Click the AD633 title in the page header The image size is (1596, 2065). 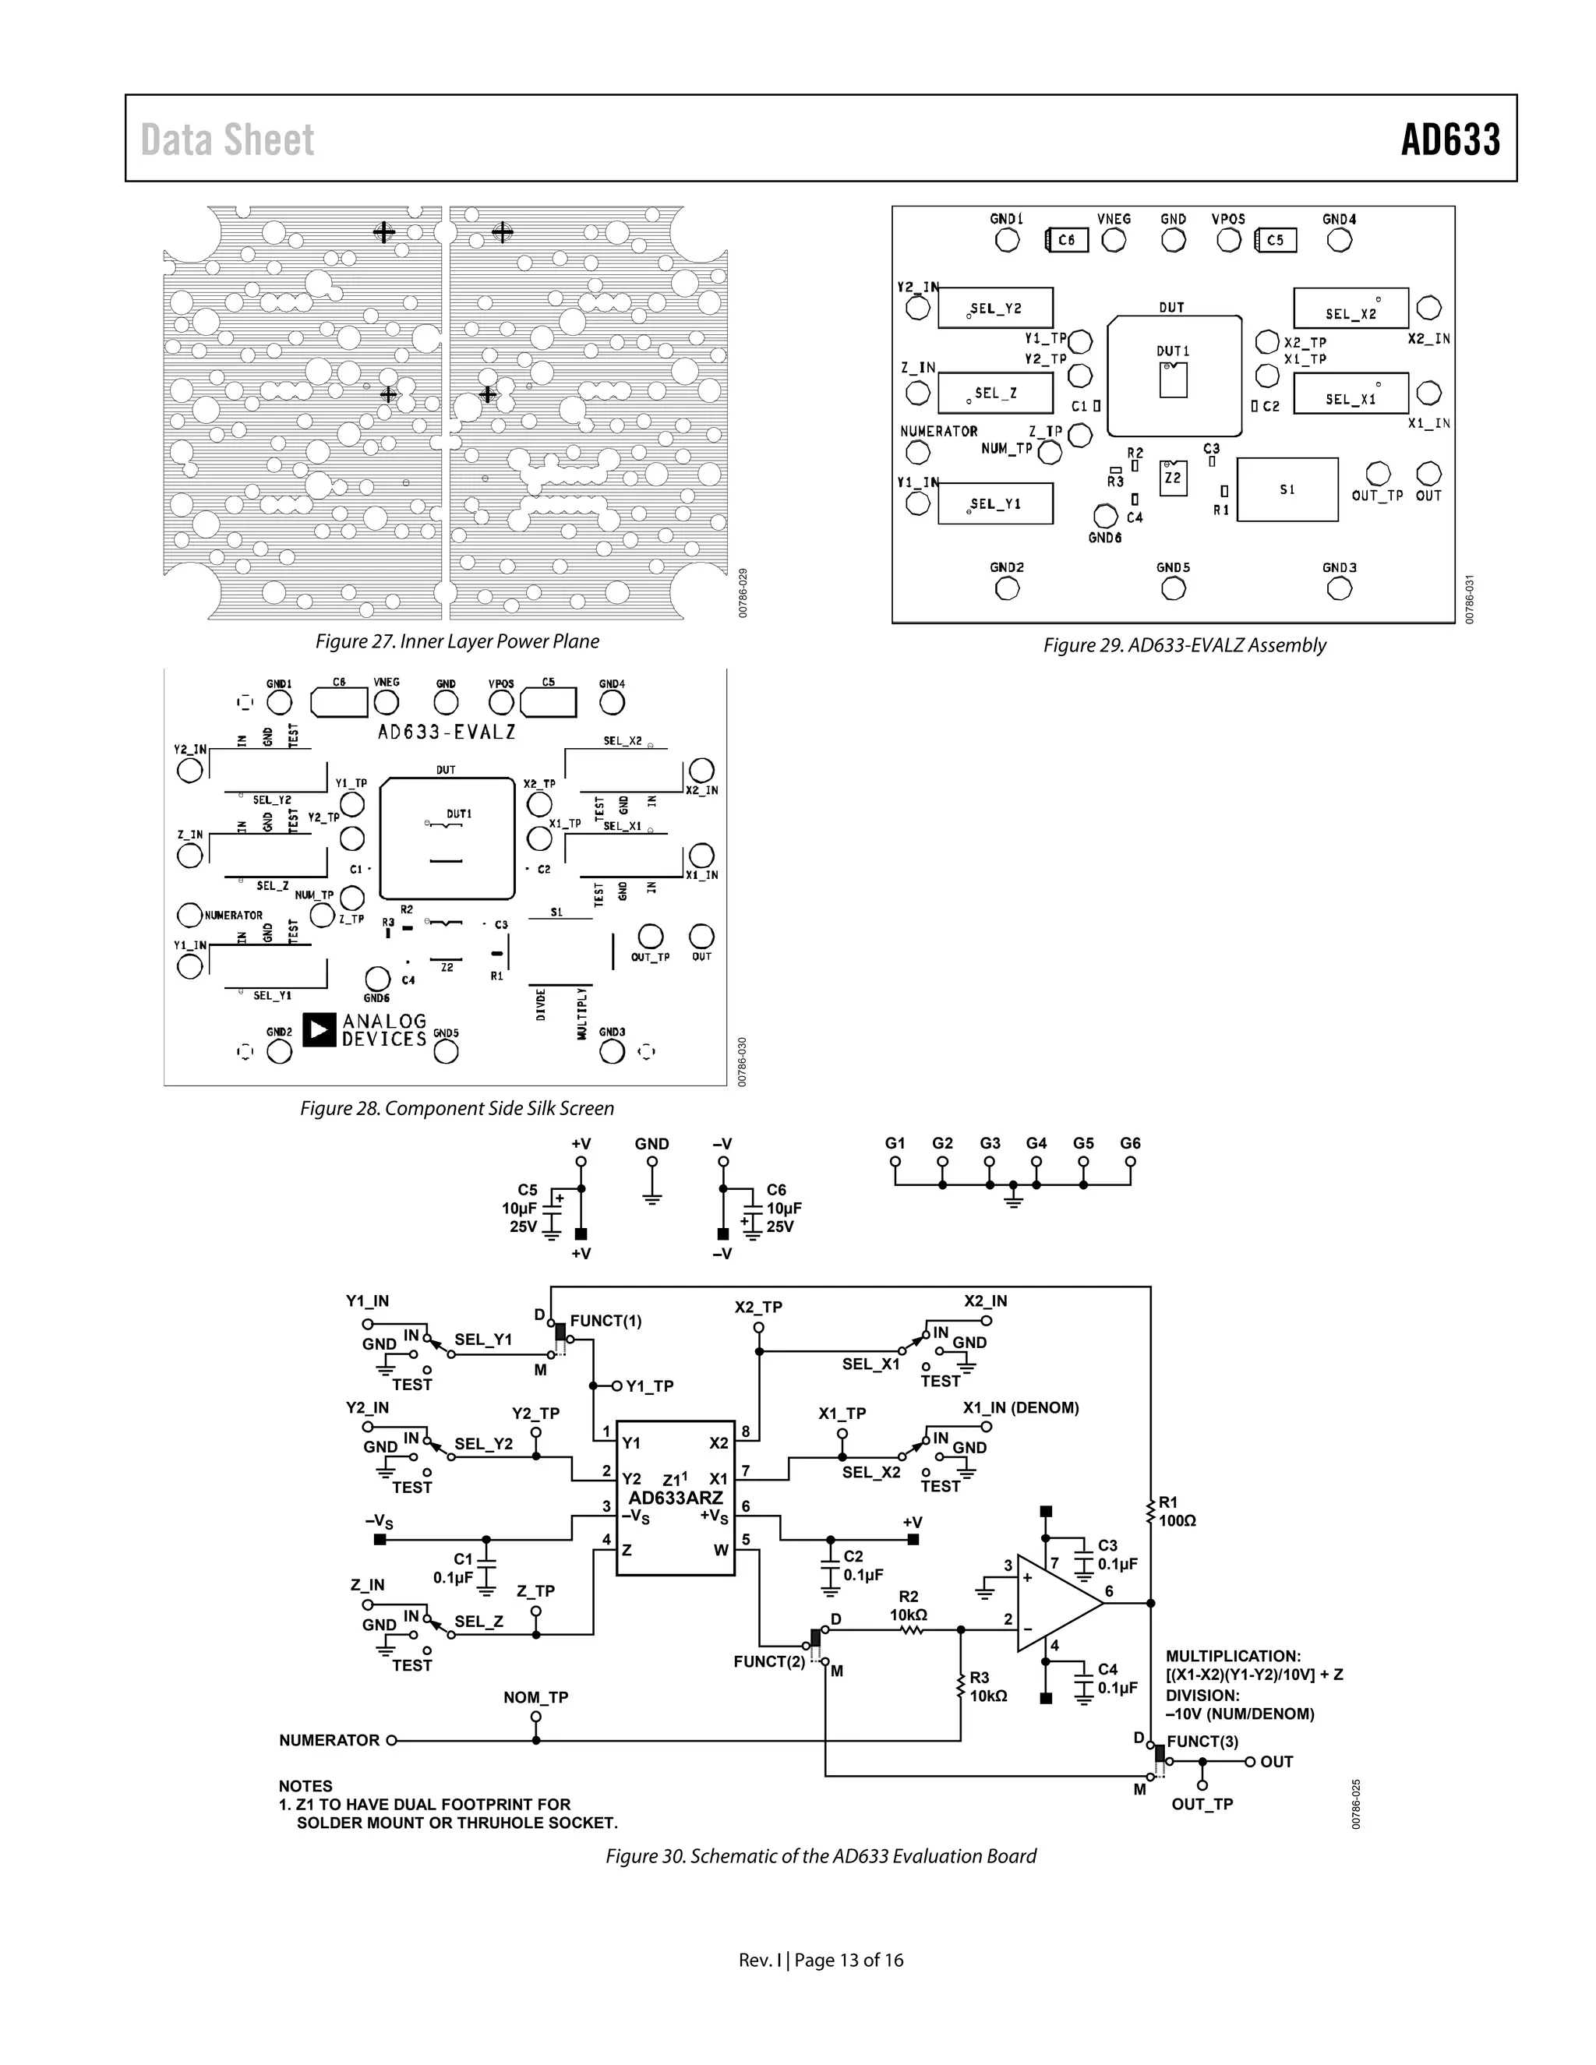(1449, 140)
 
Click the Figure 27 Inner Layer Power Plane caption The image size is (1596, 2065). (457, 642)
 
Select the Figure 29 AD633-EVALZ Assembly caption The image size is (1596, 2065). (1184, 645)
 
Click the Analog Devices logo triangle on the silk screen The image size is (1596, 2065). (319, 1029)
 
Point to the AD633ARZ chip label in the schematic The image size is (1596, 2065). (675, 1498)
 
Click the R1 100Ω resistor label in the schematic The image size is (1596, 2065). (1178, 1512)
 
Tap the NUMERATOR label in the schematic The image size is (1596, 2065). (329, 1740)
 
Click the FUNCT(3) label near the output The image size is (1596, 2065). (1202, 1741)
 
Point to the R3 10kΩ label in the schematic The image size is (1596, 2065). (988, 1687)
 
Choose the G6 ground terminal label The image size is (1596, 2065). (1130, 1143)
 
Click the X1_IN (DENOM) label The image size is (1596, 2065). (1020, 1408)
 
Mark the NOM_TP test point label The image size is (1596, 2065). (535, 1697)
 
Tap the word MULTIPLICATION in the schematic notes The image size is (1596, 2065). (1233, 1656)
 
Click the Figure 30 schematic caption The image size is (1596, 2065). (821, 1856)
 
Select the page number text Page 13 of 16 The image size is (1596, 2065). (848, 1960)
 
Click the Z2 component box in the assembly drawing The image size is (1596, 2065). (1172, 478)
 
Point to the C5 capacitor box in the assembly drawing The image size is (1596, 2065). (1276, 240)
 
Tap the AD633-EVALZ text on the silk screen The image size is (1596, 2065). (447, 731)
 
